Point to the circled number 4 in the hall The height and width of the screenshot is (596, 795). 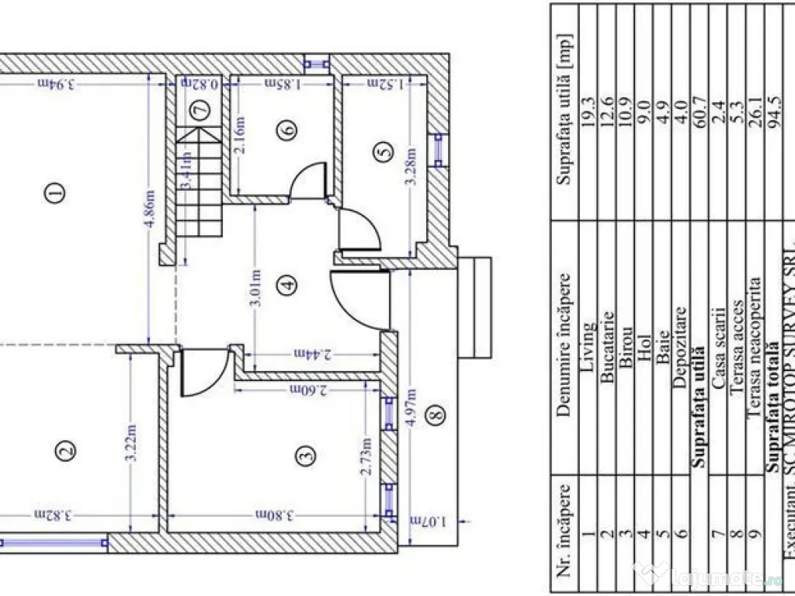(x=288, y=285)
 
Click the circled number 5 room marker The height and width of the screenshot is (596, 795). (x=381, y=153)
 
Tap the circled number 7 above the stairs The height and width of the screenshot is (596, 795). (x=201, y=110)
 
